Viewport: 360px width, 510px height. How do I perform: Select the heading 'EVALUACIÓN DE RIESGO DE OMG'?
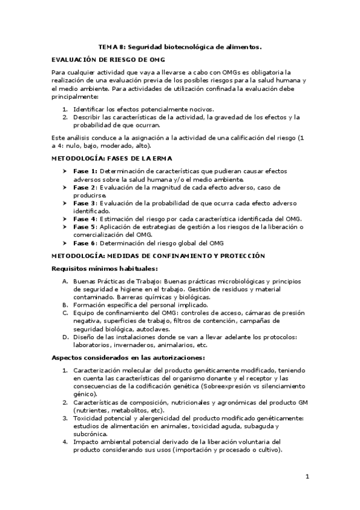tap(108, 61)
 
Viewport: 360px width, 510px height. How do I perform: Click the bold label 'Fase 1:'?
tap(85, 171)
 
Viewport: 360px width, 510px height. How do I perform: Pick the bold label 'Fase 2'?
tap(84, 188)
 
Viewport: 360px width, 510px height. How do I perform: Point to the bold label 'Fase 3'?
tap(84, 204)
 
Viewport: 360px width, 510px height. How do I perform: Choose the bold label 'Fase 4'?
tap(84, 219)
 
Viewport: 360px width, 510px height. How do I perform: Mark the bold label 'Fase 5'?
tap(84, 227)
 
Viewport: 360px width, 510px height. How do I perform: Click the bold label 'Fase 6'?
tap(84, 242)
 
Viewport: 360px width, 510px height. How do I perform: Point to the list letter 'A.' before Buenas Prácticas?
tap(65, 281)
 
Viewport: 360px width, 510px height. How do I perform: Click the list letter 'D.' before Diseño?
tap(65, 337)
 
